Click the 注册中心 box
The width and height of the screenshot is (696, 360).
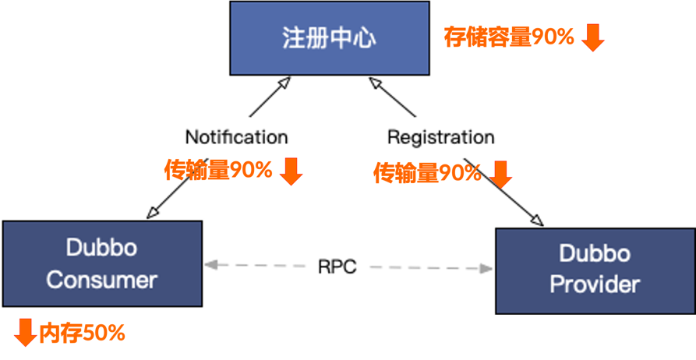pos(328,38)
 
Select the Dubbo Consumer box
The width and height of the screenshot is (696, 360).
pos(102,263)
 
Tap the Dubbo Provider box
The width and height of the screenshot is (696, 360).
pos(595,270)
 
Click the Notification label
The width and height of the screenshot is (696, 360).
pos(236,137)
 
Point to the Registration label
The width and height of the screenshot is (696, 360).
pos(440,138)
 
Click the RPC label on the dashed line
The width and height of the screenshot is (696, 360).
pos(337,266)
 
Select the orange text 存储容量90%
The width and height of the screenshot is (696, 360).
pos(509,37)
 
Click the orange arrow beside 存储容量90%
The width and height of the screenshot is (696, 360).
pos(593,37)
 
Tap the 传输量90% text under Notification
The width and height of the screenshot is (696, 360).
pos(218,170)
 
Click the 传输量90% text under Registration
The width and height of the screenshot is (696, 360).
pos(427,173)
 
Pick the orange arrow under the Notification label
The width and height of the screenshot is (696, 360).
pos(291,171)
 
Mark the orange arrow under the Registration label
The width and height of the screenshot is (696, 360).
pos(500,174)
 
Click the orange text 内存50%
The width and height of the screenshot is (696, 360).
pos(82,334)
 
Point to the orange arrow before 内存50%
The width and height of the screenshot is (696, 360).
pos(25,333)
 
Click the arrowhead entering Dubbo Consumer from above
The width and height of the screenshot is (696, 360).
pos(153,213)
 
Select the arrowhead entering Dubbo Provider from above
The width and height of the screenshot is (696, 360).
pos(537,220)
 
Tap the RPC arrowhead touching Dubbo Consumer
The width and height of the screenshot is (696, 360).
pos(210,266)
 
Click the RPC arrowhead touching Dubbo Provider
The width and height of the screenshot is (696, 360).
pos(487,269)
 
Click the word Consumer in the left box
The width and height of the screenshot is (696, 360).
pos(102,280)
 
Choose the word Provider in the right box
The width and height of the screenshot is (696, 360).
pos(595,284)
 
